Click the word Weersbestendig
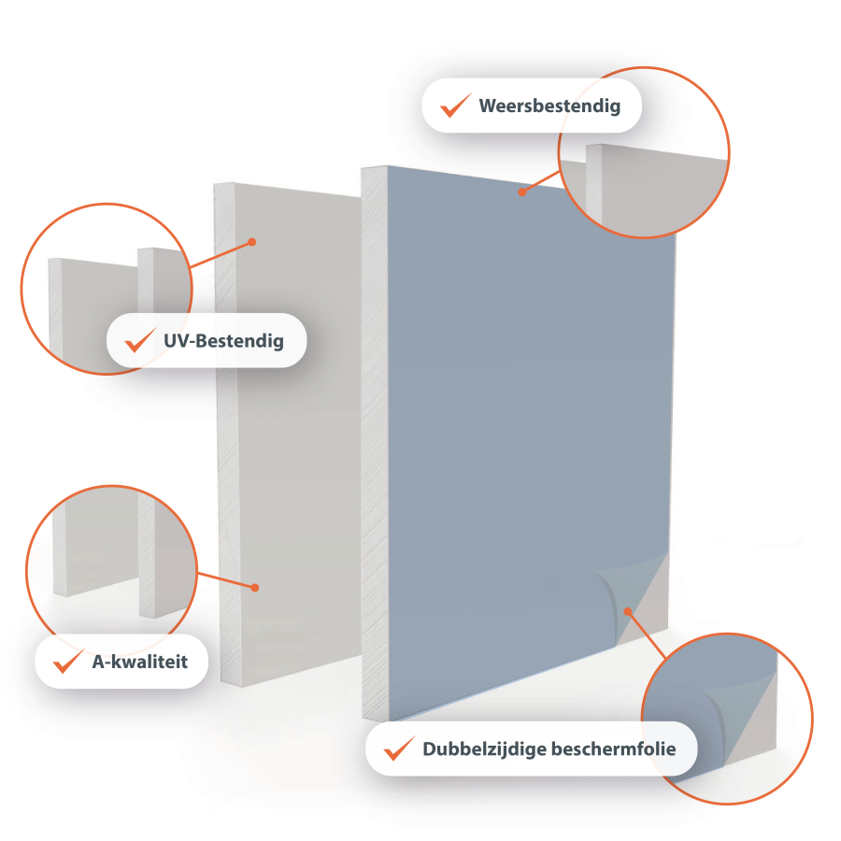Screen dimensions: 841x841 [549, 107]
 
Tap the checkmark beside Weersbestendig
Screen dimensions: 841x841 [455, 105]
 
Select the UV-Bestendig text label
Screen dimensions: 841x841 [223, 341]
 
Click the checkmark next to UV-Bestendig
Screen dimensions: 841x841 [140, 340]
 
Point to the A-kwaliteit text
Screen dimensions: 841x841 [140, 662]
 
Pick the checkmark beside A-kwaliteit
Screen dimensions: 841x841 [68, 662]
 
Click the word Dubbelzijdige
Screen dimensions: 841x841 [484, 749]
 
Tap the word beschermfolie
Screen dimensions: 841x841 [614, 748]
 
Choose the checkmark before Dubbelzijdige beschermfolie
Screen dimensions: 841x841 [399, 748]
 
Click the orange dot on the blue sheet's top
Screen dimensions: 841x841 [521, 192]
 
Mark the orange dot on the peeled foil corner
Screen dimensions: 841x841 [628, 611]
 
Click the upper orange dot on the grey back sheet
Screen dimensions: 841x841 [252, 242]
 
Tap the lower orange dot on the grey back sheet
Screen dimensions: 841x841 [255, 588]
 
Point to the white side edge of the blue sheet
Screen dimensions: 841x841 [375, 444]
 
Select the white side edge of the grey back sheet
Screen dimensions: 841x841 [227, 435]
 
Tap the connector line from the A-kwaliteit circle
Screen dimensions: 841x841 [226, 580]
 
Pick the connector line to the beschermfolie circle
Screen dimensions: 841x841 [647, 635]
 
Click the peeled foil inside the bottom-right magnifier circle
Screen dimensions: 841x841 [713, 713]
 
